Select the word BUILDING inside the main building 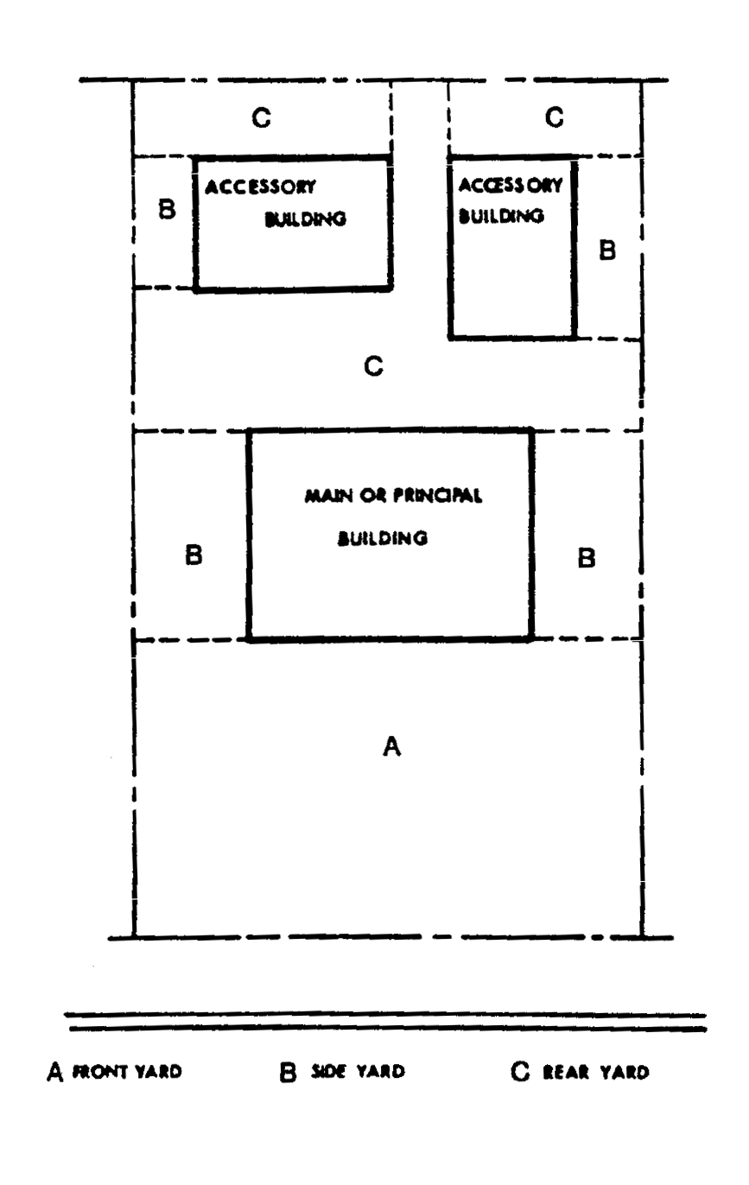click(383, 538)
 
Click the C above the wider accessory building click(260, 118)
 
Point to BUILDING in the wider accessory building click(304, 219)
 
